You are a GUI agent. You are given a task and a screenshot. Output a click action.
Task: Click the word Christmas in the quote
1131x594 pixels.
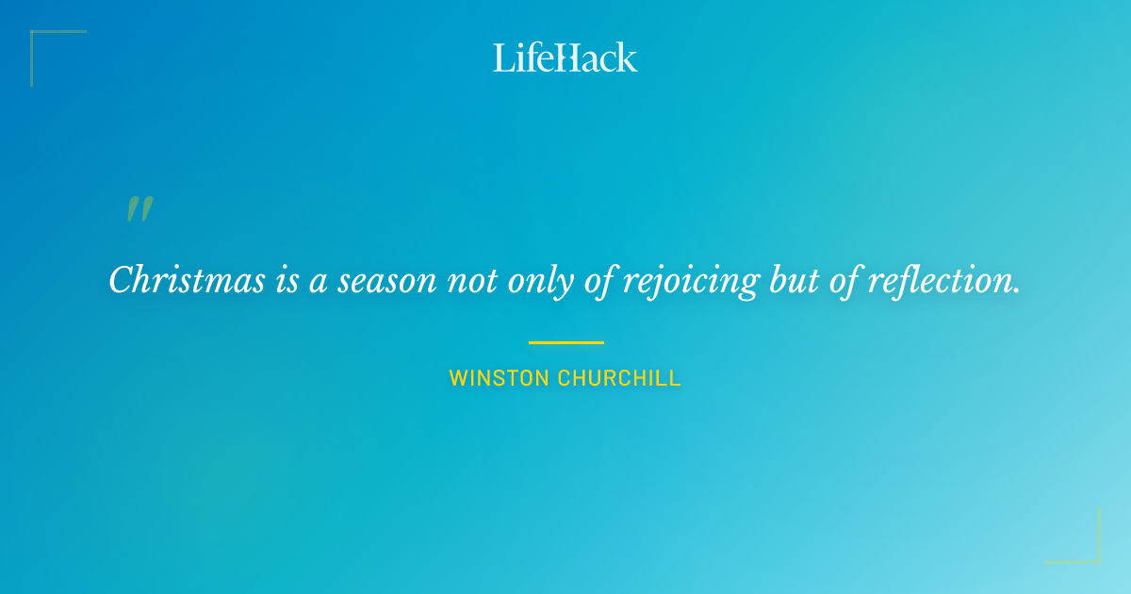point(187,280)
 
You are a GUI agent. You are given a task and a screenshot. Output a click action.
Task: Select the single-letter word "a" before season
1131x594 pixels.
point(319,282)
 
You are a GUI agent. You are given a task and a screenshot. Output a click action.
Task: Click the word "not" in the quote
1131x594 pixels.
point(473,280)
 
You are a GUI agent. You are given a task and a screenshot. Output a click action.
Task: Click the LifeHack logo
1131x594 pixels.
point(565,58)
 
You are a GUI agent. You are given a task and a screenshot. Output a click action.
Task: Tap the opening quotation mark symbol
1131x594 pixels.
point(139,209)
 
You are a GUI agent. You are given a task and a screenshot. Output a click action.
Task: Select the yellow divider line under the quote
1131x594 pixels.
point(565,342)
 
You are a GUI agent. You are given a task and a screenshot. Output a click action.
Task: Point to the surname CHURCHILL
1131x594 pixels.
point(619,379)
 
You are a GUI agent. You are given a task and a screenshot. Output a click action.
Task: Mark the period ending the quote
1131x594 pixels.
point(1018,291)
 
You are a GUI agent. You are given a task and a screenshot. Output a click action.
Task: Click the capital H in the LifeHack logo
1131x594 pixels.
point(563,58)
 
